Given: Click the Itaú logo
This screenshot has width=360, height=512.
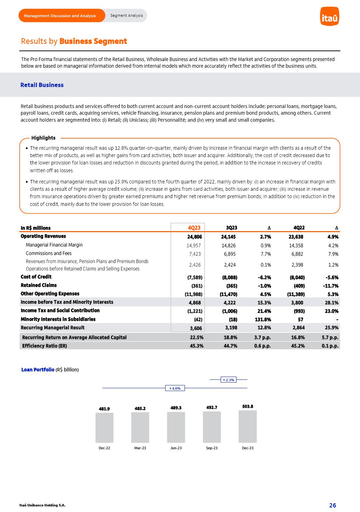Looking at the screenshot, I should pyautogui.click(x=329, y=16).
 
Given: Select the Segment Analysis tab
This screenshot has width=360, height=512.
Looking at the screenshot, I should pyautogui.click(x=127, y=15).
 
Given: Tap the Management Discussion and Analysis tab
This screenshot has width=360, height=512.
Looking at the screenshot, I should pyautogui.click(x=60, y=16).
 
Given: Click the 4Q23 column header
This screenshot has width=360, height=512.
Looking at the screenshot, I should pyautogui.click(x=194, y=228).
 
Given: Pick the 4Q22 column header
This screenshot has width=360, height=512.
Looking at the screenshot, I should pyautogui.click(x=299, y=228).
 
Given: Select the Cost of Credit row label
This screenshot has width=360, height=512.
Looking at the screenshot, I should pyautogui.click(x=36, y=277).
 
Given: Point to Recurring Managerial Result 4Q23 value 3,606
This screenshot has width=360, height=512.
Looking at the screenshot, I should pyautogui.click(x=196, y=328).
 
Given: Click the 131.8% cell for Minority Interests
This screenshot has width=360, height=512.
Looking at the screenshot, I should pyautogui.click(x=263, y=319).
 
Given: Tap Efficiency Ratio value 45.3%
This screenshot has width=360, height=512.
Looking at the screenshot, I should pyautogui.click(x=196, y=346).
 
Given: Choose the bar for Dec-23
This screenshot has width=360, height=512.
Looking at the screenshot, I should pyautogui.click(x=247, y=426).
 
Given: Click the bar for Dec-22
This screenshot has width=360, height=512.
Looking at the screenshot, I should pyautogui.click(x=104, y=427).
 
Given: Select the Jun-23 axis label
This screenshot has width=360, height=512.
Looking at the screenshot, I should pyautogui.click(x=176, y=448).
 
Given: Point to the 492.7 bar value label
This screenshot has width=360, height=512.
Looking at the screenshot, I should pyautogui.click(x=212, y=407).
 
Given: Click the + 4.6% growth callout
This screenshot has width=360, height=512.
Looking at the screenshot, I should pyautogui.click(x=175, y=388).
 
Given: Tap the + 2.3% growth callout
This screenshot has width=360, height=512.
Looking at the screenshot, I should pyautogui.click(x=228, y=379).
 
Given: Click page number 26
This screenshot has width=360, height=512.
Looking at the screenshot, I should pyautogui.click(x=332, y=505).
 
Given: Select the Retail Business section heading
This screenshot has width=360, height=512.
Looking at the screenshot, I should pyautogui.click(x=42, y=85).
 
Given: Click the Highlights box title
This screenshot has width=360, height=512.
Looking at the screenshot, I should pyautogui.click(x=44, y=138).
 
